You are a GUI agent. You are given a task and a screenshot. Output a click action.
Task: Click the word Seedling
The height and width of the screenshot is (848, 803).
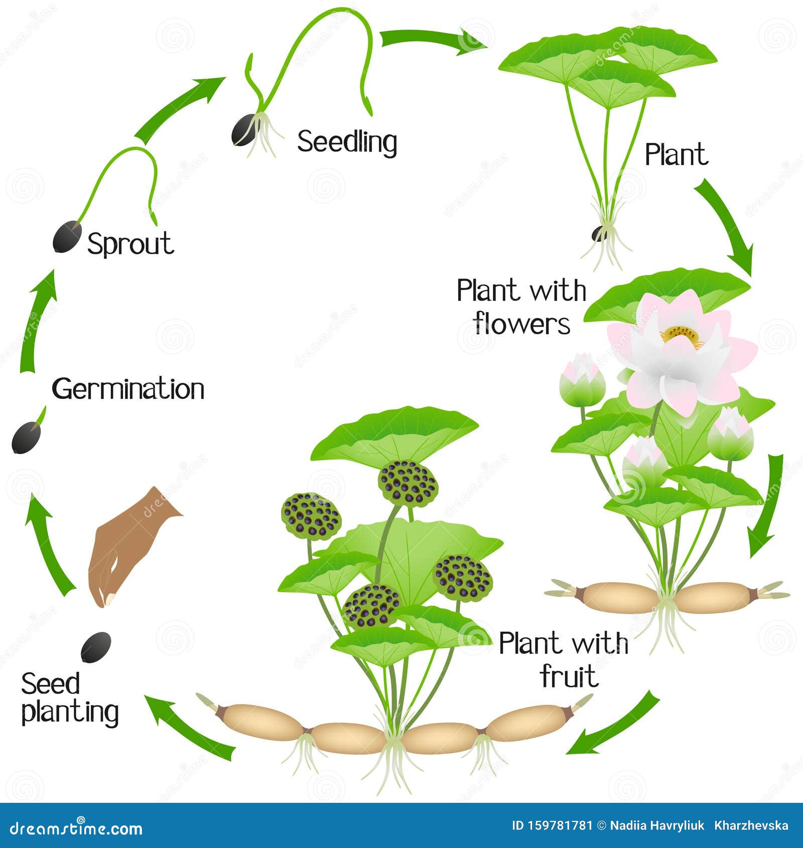pyautogui.click(x=347, y=142)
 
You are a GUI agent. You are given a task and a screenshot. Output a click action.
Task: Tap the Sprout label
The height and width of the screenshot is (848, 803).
pyautogui.click(x=130, y=244)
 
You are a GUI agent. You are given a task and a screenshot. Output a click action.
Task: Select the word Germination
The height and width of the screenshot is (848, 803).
pyautogui.click(x=128, y=389)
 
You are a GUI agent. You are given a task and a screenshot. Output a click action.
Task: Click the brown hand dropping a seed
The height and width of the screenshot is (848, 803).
pyautogui.click(x=125, y=547)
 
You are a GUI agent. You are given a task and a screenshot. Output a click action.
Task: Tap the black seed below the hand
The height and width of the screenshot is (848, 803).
pyautogui.click(x=96, y=647)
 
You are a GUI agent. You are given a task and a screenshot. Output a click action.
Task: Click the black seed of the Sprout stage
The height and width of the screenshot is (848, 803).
pyautogui.click(x=67, y=236)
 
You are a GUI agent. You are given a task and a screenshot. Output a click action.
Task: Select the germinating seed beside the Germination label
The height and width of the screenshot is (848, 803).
pyautogui.click(x=26, y=437)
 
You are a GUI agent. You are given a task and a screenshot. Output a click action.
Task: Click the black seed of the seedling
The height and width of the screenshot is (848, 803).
pyautogui.click(x=244, y=130)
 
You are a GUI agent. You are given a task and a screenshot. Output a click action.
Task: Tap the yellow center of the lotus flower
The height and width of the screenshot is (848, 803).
pyautogui.click(x=682, y=335)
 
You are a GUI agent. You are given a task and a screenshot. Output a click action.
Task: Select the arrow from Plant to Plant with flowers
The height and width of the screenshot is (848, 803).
pyautogui.click(x=728, y=226)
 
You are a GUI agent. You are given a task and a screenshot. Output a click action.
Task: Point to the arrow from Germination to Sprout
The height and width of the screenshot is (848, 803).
pyautogui.click(x=38, y=321)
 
